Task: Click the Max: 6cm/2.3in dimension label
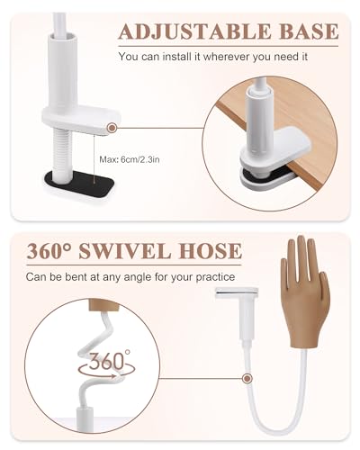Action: point(130,159)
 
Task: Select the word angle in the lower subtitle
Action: point(138,277)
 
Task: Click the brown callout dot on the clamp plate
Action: point(112,128)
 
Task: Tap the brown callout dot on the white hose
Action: point(247,378)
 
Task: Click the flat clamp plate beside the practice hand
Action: point(237,292)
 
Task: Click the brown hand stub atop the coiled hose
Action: point(103,305)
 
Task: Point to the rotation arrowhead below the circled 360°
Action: point(113,376)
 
